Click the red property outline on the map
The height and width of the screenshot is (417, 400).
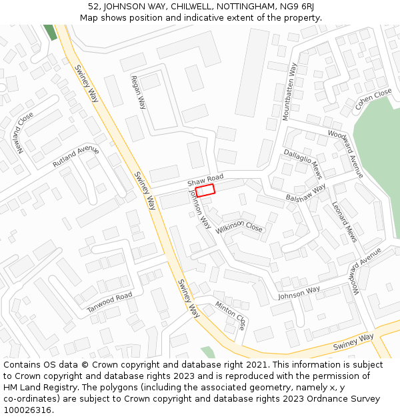(205, 190)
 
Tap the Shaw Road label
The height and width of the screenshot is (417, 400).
(205, 180)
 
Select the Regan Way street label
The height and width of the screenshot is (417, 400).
(139, 91)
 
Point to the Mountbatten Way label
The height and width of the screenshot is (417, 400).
(289, 91)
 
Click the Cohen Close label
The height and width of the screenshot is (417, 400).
(373, 99)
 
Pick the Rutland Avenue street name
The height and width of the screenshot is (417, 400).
(75, 157)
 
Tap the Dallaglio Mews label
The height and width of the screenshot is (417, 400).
(303, 163)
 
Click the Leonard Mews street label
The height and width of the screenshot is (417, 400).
(344, 222)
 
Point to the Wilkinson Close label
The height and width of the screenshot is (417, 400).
(239, 227)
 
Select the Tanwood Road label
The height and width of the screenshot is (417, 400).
(110, 303)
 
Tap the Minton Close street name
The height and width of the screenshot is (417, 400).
(231, 316)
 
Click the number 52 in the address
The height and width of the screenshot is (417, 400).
(93, 7)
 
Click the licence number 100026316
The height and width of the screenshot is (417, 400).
(27, 410)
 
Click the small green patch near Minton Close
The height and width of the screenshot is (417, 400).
(208, 352)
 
